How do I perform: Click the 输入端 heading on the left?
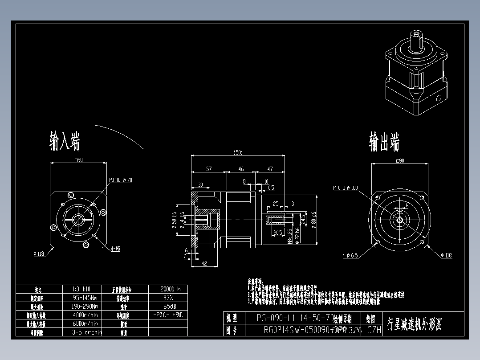[x=65, y=141]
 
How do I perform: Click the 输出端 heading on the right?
[x=384, y=142]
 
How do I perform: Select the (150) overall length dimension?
[x=238, y=153]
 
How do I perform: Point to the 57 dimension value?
[x=208, y=169]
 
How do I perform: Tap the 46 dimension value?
[x=241, y=169]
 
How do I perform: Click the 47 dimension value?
[x=270, y=169]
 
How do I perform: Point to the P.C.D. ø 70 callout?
[x=121, y=180]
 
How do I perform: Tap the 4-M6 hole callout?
[x=115, y=249]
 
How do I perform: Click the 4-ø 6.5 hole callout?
[x=350, y=255]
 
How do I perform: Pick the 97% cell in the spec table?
[x=168, y=297]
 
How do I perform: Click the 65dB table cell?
[x=168, y=306]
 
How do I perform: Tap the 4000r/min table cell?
[x=85, y=315]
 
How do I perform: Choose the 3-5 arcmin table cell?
[x=87, y=332]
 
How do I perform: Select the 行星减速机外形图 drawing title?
[x=415, y=324]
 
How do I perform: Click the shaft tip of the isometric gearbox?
[x=416, y=34]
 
